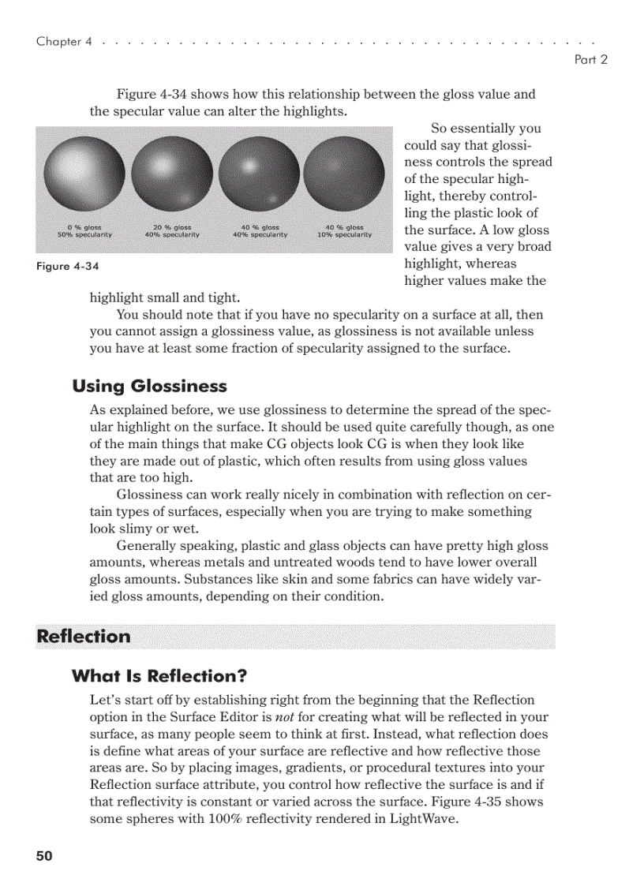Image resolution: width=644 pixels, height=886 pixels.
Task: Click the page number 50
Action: coord(44,856)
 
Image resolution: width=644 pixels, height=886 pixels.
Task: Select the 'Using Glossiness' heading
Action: coord(149,386)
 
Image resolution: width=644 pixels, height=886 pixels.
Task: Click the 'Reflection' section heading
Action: coord(84,637)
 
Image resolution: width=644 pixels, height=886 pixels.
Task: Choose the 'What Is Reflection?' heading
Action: coord(159,676)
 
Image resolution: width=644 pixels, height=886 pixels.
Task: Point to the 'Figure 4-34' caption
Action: coord(68,266)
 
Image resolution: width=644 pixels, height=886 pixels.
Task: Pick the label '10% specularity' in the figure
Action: coord(344,235)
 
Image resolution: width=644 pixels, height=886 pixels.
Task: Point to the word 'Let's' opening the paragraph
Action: coord(104,700)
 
